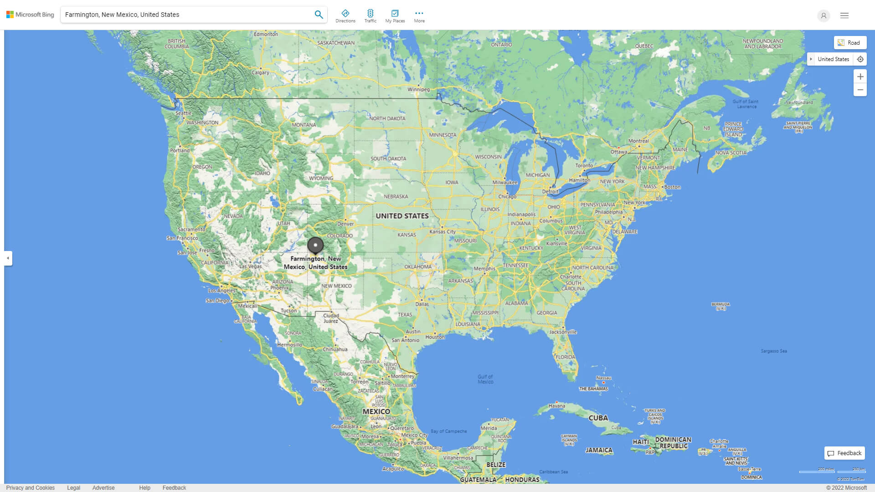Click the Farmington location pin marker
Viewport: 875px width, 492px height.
click(x=315, y=245)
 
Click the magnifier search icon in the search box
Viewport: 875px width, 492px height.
click(x=319, y=15)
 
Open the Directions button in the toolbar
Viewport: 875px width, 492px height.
click(x=345, y=16)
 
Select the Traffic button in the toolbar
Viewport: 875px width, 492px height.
click(x=370, y=16)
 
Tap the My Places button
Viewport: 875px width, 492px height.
click(x=395, y=16)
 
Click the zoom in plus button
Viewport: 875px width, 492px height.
click(x=860, y=77)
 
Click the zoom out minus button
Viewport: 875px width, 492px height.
click(x=860, y=90)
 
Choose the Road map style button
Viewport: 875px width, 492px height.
click(x=850, y=43)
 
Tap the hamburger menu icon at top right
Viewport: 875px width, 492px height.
click(x=844, y=15)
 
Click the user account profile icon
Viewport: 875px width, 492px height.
click(x=824, y=15)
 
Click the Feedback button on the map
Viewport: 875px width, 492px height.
click(x=844, y=453)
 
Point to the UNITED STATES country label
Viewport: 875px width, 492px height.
click(x=402, y=216)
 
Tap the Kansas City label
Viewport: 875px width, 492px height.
click(x=442, y=231)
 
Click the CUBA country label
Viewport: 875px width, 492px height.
click(x=598, y=418)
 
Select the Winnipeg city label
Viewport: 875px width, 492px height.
click(x=418, y=89)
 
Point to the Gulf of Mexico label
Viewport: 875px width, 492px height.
click(x=485, y=379)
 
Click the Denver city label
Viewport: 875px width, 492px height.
click(x=345, y=224)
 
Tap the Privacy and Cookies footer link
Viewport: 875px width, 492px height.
click(x=31, y=488)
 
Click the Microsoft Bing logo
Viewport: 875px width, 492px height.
click(x=30, y=15)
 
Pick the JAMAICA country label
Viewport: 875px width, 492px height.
click(x=599, y=450)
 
